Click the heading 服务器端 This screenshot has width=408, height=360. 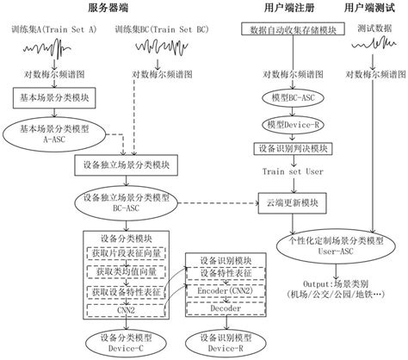click(129, 8)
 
